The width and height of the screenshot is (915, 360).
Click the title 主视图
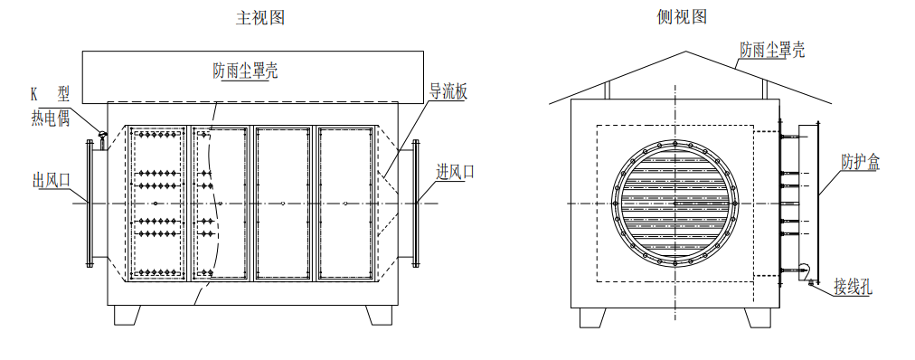click(260, 17)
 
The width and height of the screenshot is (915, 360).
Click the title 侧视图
click(682, 17)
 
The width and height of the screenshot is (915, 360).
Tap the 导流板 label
click(448, 91)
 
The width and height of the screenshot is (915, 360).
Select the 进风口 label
click(456, 172)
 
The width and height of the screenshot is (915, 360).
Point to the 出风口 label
click(52, 180)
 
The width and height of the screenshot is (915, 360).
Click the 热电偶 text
click(51, 119)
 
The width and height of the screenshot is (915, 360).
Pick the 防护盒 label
click(860, 162)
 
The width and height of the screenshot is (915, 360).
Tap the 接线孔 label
click(854, 287)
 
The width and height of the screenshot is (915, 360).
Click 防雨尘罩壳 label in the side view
click(773, 50)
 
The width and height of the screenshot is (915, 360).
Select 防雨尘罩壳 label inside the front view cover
click(245, 71)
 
